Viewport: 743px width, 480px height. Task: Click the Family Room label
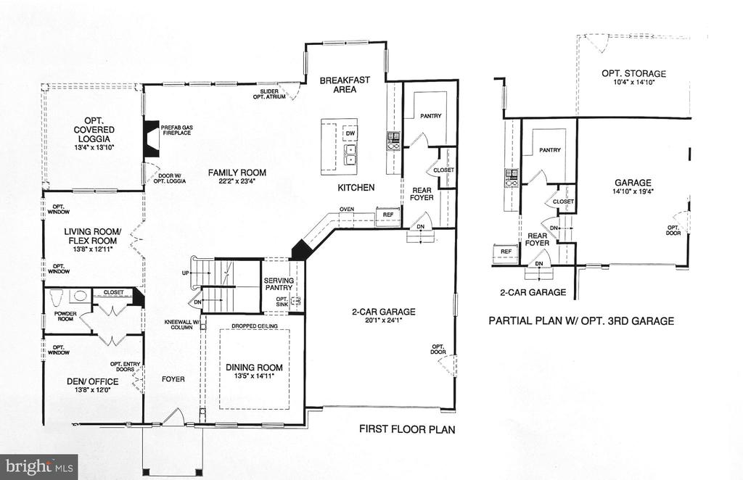coord(237,173)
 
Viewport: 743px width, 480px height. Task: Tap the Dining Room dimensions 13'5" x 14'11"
coord(254,376)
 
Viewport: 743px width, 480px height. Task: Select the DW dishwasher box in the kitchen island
coord(350,133)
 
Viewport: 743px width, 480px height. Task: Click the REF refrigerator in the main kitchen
coord(388,215)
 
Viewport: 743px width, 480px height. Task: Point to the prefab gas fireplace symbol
coord(151,138)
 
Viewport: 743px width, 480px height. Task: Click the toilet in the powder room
coord(57,297)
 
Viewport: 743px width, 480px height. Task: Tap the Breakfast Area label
coord(345,85)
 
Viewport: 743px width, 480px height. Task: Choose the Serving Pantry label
coord(279,284)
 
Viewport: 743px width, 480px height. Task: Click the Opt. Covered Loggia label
coord(94,129)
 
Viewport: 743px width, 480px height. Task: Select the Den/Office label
coord(93,381)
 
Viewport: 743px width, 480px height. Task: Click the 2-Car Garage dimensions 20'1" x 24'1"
coord(383,320)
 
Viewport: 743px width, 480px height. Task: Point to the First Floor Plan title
coord(407,429)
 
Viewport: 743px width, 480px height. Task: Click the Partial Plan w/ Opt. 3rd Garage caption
coord(581,321)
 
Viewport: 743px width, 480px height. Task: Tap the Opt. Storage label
coord(633,73)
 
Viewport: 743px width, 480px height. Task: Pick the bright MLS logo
coord(39,467)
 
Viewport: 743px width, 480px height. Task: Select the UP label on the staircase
coord(185,273)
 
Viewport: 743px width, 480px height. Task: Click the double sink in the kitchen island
coord(350,154)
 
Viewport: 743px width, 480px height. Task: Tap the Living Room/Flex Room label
coord(93,236)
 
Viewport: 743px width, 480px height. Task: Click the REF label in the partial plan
coord(506,252)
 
